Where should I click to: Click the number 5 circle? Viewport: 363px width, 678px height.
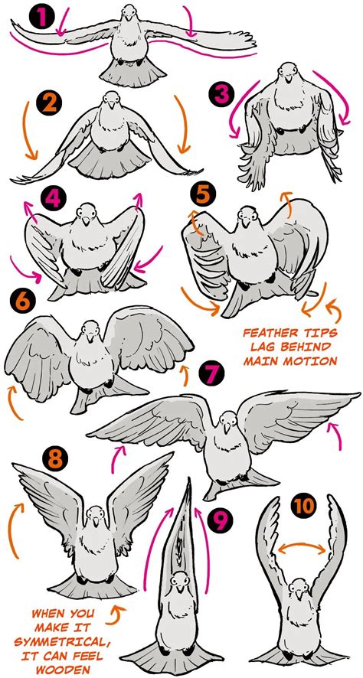pos(202,194)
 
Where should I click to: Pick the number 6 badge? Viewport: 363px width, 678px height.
pos(23,299)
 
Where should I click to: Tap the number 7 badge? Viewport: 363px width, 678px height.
pos(209,374)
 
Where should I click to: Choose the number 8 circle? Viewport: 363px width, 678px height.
pos(54,458)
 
